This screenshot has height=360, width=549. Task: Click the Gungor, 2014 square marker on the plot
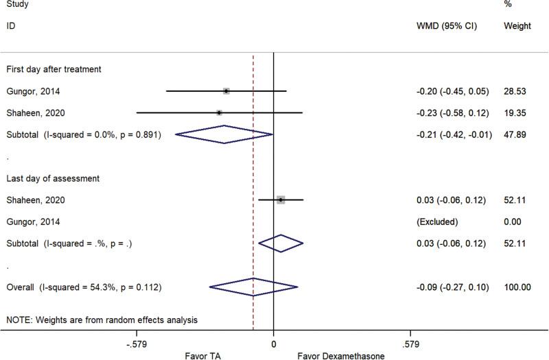pos(226,91)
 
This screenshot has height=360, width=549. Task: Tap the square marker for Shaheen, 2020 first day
pos(219,112)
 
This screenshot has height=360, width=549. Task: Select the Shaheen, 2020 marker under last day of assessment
pos(280,200)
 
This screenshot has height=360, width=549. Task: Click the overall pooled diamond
pos(253,287)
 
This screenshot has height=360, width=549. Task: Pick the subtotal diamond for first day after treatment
pos(224,134)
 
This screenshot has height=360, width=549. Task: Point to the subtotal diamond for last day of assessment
pos(280,243)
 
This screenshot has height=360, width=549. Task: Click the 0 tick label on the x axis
pos(273,342)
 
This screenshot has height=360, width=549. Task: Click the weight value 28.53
pos(514,91)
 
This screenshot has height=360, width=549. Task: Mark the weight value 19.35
pos(514,112)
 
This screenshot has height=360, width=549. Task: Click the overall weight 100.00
pos(517,287)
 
